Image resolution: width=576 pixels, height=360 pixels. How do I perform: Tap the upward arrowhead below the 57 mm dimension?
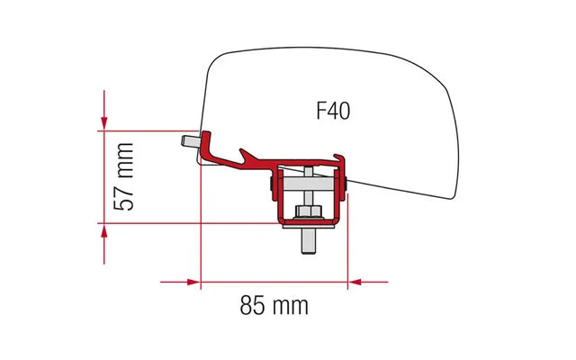[105, 232]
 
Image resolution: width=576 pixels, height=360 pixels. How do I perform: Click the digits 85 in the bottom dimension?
[253, 305]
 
